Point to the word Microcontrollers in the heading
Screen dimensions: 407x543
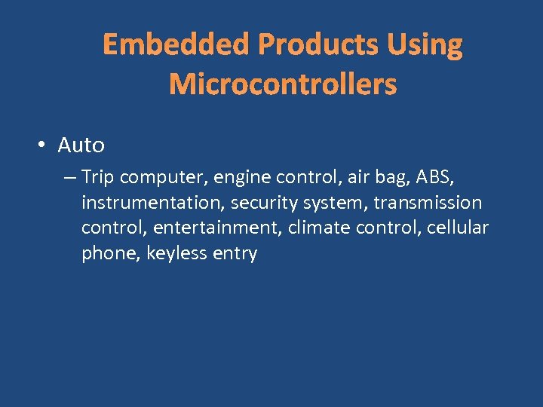click(x=283, y=84)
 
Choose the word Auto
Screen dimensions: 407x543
click(x=81, y=145)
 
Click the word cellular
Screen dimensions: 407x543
click(x=458, y=228)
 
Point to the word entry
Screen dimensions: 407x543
click(x=235, y=253)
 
